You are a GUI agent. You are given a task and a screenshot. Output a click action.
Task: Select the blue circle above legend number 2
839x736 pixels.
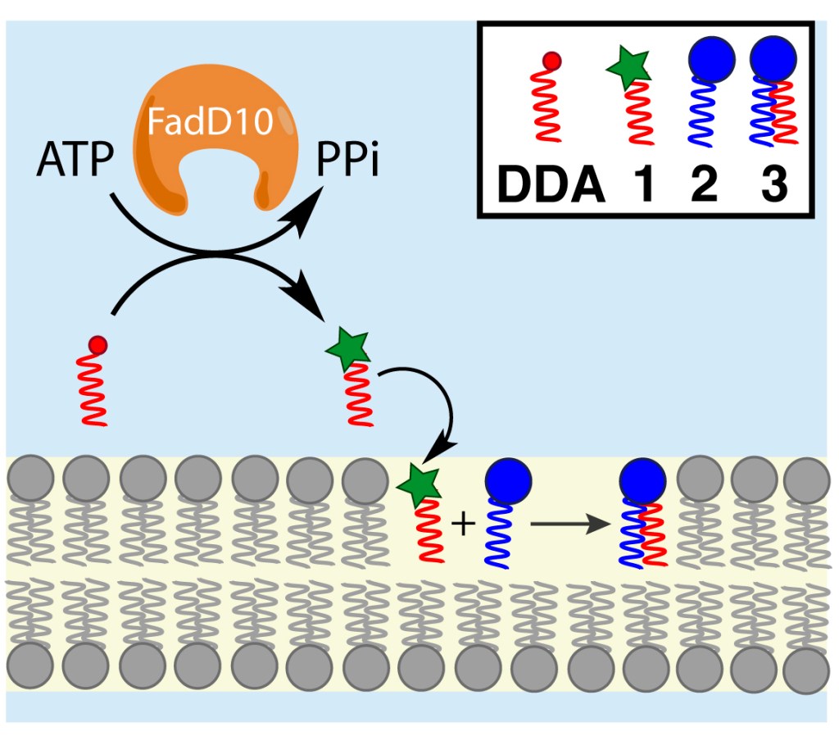[709, 61]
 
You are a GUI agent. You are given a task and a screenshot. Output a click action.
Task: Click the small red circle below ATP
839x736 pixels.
[98, 343]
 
